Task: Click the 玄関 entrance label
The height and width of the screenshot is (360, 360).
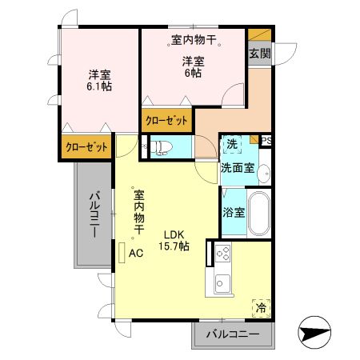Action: point(258,54)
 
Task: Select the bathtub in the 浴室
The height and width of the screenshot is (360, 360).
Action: point(258,211)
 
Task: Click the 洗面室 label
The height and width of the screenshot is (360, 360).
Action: point(238,168)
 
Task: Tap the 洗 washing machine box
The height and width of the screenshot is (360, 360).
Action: point(231,145)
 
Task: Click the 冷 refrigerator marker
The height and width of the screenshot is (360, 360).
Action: point(261,306)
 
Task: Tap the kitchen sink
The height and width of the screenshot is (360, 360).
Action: point(222,283)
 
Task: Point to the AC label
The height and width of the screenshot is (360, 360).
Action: point(136,254)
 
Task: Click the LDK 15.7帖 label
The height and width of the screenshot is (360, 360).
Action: point(175,240)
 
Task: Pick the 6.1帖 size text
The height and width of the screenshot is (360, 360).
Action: point(99,86)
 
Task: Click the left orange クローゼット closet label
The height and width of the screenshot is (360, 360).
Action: point(83,147)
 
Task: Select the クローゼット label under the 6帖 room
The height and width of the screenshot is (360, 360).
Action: point(166,121)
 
